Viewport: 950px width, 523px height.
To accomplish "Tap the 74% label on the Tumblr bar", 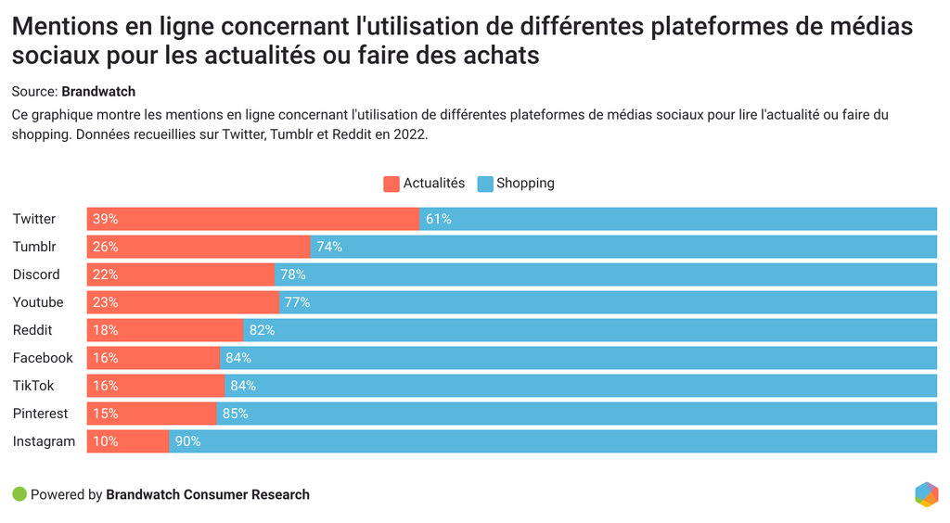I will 329,247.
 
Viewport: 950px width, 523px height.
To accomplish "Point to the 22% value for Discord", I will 106,274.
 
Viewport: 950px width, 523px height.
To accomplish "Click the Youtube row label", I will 38,302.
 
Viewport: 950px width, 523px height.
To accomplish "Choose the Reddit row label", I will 32,330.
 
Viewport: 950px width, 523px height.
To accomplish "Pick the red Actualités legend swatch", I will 392,184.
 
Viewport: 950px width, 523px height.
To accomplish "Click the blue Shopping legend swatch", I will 485,184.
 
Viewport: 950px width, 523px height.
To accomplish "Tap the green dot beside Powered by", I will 19,494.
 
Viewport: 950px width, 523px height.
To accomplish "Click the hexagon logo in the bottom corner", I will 926,494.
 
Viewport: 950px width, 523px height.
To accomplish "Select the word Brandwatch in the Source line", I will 98,92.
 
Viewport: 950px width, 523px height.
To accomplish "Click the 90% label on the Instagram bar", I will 188,441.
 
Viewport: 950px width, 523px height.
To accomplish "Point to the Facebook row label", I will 43,358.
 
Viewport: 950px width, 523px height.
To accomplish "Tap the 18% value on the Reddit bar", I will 106,330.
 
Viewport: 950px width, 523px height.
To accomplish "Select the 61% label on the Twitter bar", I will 438,219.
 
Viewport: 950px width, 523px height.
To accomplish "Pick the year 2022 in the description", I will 409,134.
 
